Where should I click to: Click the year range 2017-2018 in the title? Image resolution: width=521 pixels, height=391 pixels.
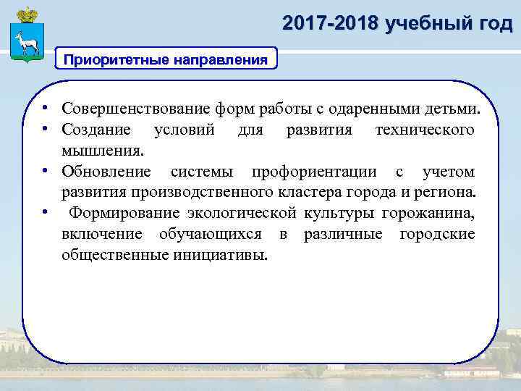click(331, 24)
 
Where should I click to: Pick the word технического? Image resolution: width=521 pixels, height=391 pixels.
click(425, 130)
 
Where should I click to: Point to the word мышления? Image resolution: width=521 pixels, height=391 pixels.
click(103, 151)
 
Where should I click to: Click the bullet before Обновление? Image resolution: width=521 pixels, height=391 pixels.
click(45, 172)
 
